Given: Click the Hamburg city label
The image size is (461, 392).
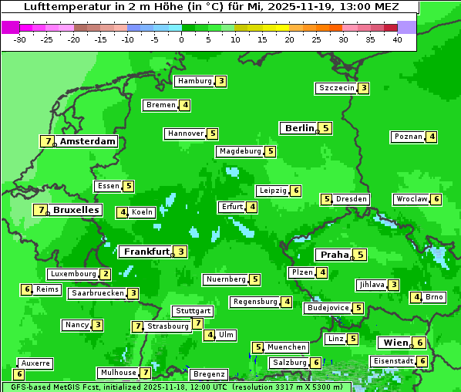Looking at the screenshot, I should (x=194, y=81).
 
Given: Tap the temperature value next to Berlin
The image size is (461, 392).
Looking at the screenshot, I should (x=326, y=128).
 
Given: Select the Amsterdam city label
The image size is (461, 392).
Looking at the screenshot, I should (x=88, y=141).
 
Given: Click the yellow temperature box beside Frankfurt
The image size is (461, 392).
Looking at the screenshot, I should (x=180, y=252).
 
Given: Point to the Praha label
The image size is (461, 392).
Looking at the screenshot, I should (x=335, y=255).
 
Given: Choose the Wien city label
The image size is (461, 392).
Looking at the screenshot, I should (x=393, y=343).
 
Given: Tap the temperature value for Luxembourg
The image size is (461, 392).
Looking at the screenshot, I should (x=106, y=274).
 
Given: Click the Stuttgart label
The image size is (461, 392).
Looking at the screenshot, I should (x=192, y=311).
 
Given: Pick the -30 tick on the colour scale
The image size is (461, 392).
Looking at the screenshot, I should (x=20, y=39).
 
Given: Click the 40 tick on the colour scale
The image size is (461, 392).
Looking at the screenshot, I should (x=397, y=39).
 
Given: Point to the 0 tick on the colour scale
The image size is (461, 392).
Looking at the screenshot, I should (x=182, y=39).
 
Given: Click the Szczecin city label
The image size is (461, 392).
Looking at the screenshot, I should (x=337, y=88).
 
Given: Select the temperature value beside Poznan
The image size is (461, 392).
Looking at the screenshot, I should (x=432, y=137).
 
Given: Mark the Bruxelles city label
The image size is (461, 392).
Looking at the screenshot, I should (x=76, y=210).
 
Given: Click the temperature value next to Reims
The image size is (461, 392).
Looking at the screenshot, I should (x=26, y=289).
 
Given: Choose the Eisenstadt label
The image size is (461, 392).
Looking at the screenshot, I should (x=393, y=361).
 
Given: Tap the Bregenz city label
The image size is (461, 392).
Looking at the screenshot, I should (x=208, y=374).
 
